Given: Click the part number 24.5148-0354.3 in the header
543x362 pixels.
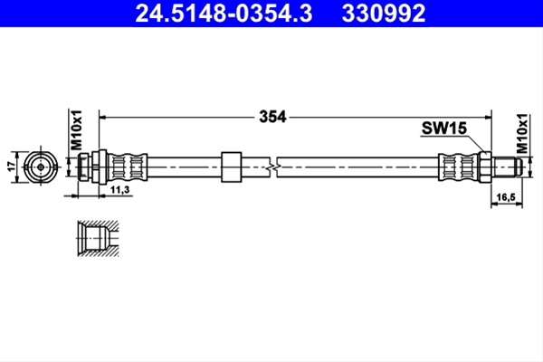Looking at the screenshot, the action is tap(224, 14).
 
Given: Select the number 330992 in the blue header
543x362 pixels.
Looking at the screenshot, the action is tap(384, 14).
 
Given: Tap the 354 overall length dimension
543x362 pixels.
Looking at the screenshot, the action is tap(272, 117).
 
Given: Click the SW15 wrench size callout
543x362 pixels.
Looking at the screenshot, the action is tap(444, 129).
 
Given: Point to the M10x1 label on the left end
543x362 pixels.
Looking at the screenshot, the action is tap(76, 130).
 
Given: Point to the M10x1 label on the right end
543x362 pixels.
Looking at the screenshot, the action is tap(522, 133).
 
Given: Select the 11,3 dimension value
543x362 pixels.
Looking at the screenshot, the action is tap(119, 190).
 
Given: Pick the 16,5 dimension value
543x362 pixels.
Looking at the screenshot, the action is tap(506, 197).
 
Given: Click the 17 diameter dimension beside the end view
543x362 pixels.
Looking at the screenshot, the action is tap(13, 167).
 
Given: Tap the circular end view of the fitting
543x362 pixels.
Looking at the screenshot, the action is tap(41, 167).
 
